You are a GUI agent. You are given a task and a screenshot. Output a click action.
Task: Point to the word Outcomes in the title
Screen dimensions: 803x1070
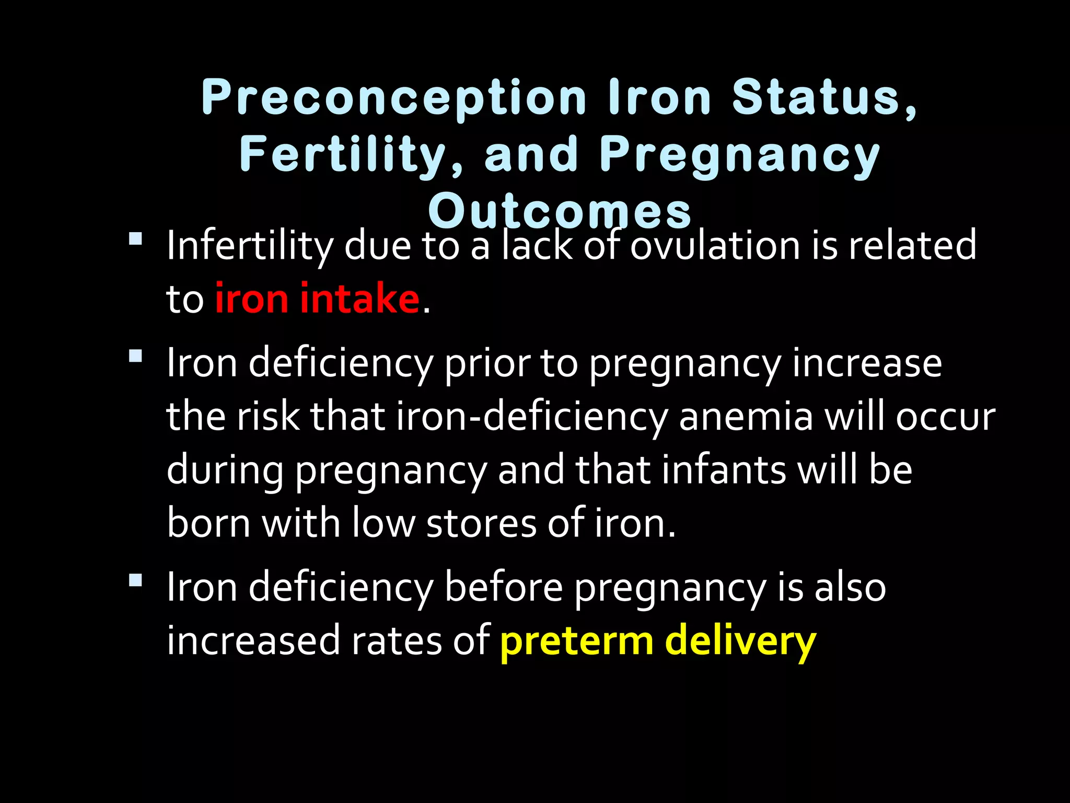coord(560,212)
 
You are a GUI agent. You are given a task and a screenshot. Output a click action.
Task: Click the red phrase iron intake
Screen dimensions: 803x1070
coord(317,298)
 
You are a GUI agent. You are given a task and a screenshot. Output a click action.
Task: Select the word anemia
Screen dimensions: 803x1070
coord(746,417)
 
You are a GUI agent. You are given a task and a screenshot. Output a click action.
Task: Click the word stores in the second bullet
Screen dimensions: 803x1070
coord(481,523)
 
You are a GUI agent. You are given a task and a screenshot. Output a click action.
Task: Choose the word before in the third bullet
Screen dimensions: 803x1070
coord(503,588)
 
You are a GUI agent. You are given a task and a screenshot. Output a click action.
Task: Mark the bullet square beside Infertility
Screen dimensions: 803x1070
coord(135,239)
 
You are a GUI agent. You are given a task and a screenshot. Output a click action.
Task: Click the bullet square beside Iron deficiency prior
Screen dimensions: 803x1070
coord(135,357)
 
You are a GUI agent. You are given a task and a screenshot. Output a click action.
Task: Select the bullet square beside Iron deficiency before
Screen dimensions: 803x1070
coord(135,580)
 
